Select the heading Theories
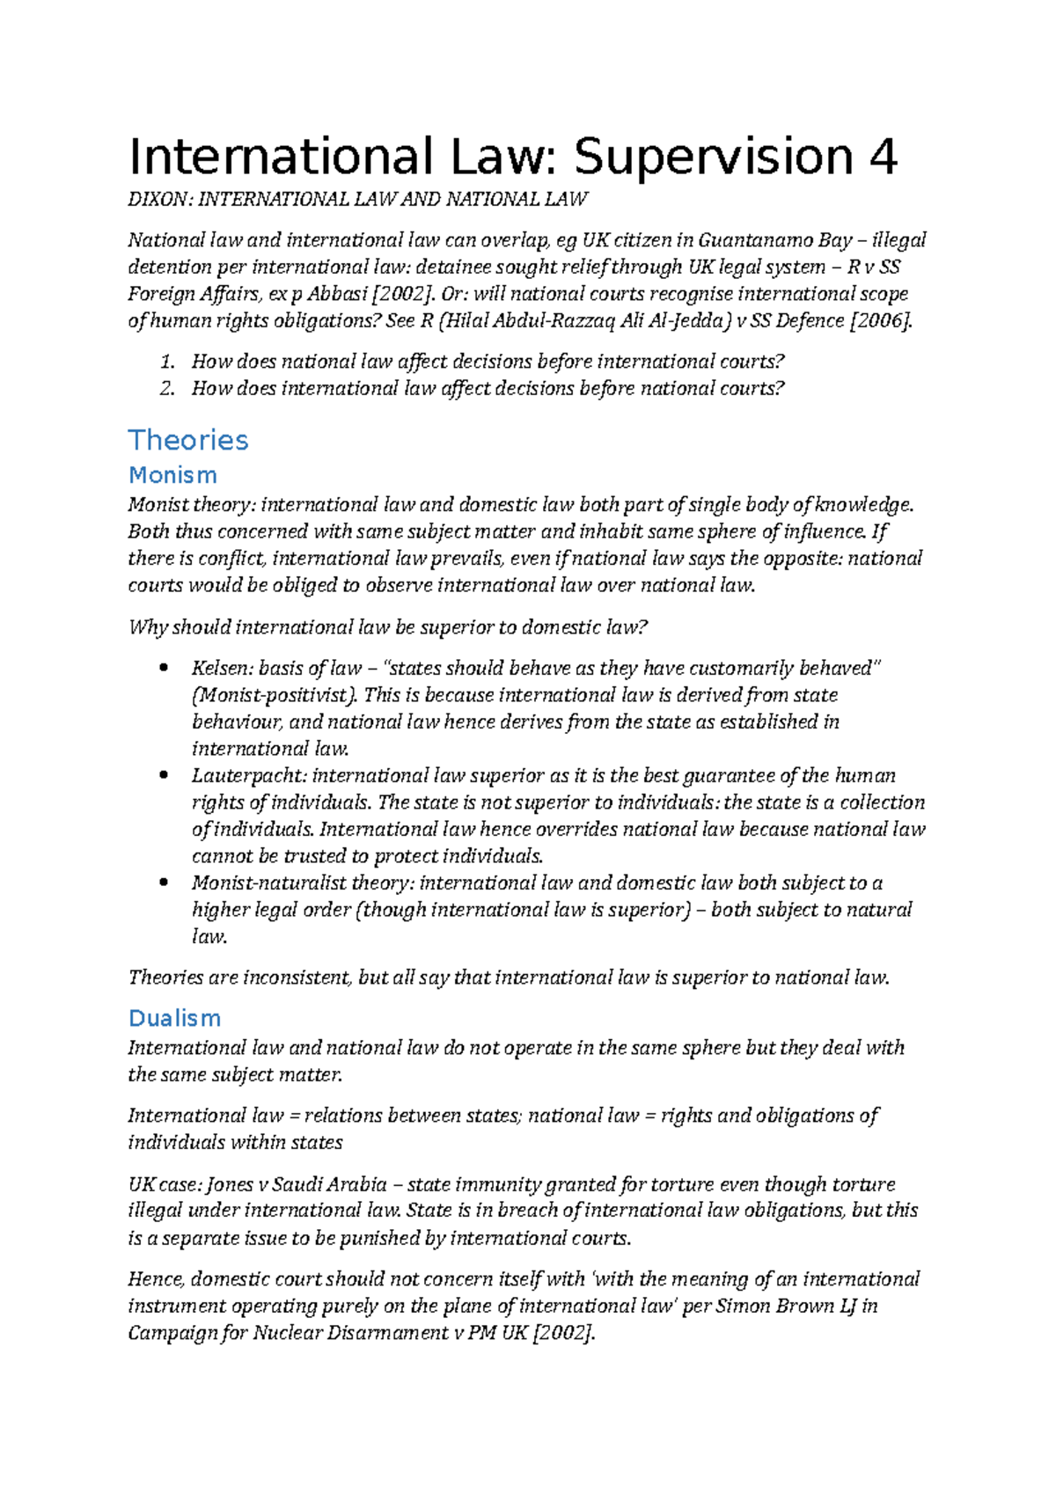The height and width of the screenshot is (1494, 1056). click(x=188, y=440)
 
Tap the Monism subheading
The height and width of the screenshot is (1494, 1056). click(x=172, y=475)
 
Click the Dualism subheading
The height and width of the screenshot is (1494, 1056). click(x=174, y=1018)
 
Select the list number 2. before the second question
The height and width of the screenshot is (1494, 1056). click(x=169, y=389)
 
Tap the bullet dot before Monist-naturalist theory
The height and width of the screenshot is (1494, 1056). click(x=163, y=882)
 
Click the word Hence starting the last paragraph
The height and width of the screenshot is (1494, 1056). click(x=155, y=1279)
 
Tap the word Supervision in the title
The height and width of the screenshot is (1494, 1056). click(x=714, y=157)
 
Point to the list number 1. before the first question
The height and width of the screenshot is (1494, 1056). click(x=169, y=362)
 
